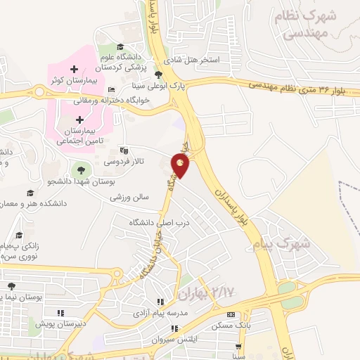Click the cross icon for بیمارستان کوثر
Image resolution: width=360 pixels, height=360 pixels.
[74, 70]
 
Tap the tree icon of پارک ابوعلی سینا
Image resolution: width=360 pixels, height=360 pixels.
[158, 74]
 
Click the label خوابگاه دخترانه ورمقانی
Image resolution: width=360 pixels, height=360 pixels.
[138, 100]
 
